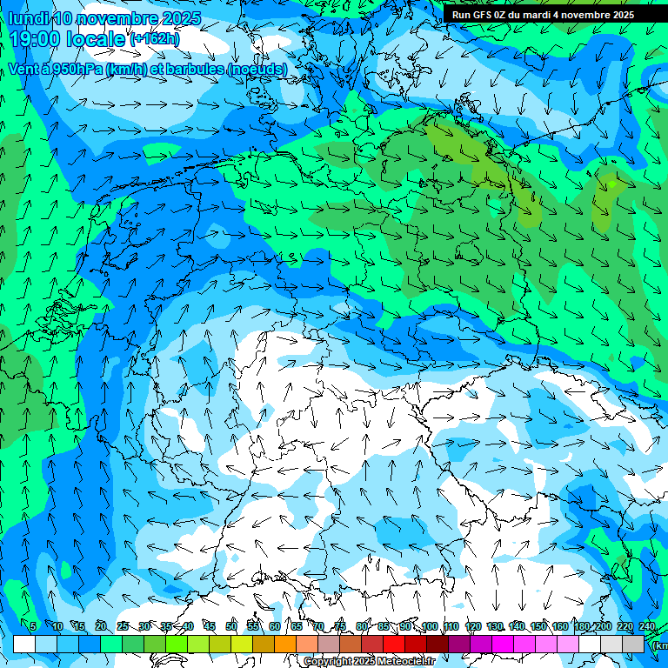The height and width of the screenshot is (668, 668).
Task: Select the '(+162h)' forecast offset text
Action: [154, 38]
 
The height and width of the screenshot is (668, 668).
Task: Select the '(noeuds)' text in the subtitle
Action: [257, 69]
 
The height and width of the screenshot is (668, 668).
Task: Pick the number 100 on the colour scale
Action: [430, 627]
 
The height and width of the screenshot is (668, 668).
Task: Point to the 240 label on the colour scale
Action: [647, 627]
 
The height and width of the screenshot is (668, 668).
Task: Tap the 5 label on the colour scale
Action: [33, 627]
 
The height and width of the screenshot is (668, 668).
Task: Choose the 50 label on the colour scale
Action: [231, 627]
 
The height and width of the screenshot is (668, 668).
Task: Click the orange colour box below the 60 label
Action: [285, 644]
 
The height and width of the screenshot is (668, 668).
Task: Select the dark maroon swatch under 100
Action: [438, 644]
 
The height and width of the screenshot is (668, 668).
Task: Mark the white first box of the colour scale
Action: [24, 644]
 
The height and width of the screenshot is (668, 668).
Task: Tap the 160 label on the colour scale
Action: [560, 627]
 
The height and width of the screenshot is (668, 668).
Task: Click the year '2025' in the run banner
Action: [622, 15]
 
